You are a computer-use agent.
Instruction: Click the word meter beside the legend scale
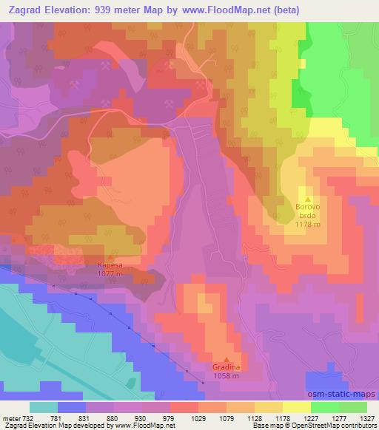tap(10, 419)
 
